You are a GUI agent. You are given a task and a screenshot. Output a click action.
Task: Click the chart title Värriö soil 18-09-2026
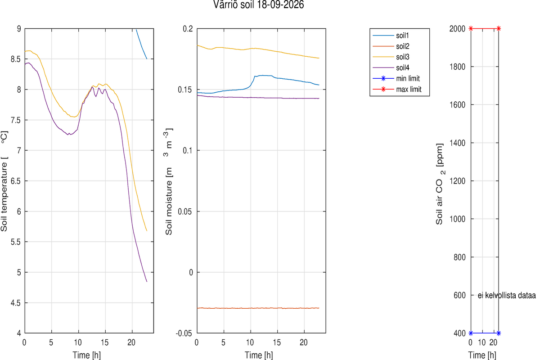coord(258,5)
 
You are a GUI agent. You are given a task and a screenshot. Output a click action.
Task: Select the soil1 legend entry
coord(391,36)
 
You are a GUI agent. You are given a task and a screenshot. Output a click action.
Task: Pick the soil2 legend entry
coord(391,46)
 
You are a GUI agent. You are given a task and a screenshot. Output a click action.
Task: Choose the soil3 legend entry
coord(391,57)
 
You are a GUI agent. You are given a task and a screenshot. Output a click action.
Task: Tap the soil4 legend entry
coord(391,68)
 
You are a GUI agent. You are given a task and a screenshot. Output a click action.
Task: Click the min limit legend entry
coord(396,78)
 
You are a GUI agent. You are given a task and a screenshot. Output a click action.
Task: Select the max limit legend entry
coord(397,89)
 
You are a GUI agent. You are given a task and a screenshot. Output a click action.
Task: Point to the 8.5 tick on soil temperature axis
coord(16,59)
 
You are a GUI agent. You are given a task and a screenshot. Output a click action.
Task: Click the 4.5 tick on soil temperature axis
coord(16,303)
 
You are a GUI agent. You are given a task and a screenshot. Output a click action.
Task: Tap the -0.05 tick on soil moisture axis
coord(184,333)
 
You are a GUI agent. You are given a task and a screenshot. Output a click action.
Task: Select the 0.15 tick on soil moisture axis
coord(185,90)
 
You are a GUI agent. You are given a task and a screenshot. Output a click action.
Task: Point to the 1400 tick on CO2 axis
coord(457,143)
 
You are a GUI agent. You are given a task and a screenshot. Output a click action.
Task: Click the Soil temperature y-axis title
coord(4,181)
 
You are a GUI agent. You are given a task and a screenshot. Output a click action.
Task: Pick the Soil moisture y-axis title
coord(169,182)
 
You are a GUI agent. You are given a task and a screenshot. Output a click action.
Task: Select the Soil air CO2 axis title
coord(440,184)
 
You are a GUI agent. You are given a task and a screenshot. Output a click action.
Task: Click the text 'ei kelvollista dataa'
coord(507,295)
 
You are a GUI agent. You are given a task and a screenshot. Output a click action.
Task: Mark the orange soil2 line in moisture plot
coord(258,308)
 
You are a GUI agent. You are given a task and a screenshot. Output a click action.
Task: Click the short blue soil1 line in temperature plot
coord(141,44)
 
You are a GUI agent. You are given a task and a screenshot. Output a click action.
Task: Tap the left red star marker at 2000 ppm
coord(471,29)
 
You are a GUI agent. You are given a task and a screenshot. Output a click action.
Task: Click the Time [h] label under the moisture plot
coord(259,355)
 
